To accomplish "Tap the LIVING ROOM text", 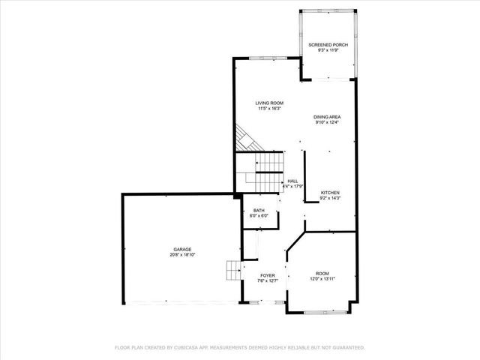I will coord(268,103).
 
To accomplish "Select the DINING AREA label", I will coord(328,118).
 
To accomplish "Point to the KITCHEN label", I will coord(331,193).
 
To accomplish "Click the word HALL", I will coord(292,181).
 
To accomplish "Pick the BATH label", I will coord(259,211).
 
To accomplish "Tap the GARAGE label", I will coord(183,249).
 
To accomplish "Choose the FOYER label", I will coord(268,275).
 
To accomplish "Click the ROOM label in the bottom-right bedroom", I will coord(322,274).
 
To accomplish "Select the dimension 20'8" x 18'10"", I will coord(183,255).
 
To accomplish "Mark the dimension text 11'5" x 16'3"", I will coord(268,109).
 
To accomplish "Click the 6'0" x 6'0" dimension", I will coord(259,217).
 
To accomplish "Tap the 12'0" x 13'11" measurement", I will coord(322,280).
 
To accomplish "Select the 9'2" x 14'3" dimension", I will coord(331,199).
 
